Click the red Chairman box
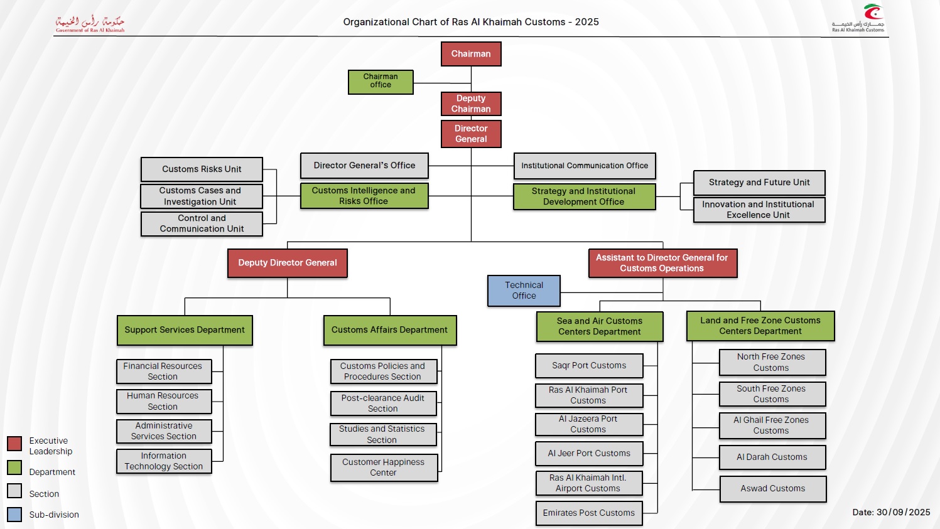471,54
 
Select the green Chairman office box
381,82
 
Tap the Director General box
471,134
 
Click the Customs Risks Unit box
202,169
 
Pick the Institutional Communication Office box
585,166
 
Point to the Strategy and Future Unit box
759,183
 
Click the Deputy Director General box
288,263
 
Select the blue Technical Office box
524,291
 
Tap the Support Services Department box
185,330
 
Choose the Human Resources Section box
163,401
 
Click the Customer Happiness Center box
384,468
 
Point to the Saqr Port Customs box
589,366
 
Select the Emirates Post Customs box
589,513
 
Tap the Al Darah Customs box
772,457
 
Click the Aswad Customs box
773,489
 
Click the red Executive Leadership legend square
14,444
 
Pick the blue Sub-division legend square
14,515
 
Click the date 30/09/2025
904,512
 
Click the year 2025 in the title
587,22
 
